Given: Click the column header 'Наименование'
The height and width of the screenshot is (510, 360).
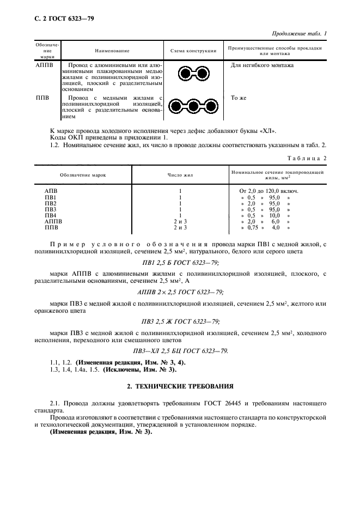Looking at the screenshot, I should (x=113, y=51).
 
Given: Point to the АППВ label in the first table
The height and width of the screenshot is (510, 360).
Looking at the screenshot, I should (x=45, y=65).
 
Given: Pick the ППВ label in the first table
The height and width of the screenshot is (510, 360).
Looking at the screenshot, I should (x=42, y=98).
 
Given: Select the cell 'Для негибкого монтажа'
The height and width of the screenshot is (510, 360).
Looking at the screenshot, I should (x=262, y=65).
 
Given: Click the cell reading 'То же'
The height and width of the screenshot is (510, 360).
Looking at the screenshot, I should (x=239, y=98).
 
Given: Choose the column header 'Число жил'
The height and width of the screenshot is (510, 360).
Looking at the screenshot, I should (x=180, y=175).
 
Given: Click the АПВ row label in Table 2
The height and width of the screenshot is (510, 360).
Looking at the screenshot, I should (x=50, y=191).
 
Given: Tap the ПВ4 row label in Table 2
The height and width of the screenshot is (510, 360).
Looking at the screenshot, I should (x=50, y=215).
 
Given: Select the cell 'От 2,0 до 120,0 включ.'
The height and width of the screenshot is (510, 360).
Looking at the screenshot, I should (x=269, y=191).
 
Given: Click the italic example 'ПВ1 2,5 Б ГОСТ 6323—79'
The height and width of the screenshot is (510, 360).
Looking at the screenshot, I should (x=180, y=262).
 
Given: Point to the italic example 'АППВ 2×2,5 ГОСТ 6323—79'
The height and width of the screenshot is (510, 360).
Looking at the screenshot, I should (x=180, y=292).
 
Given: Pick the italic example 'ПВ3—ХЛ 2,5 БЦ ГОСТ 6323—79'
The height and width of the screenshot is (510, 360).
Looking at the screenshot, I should (x=180, y=351).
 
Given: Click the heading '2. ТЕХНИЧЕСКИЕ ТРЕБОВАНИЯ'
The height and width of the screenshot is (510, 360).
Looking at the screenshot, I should (x=180, y=386).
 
